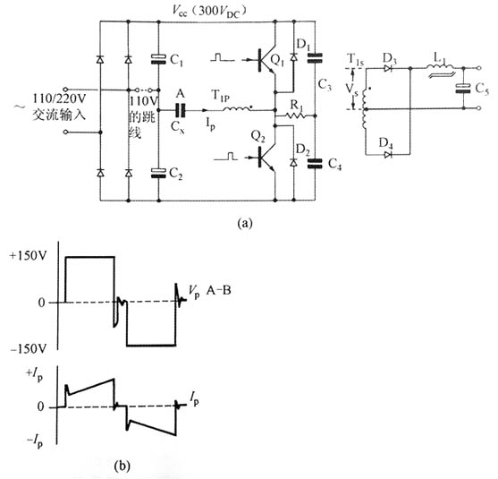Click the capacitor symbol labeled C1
[x=158, y=59]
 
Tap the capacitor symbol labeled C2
[x=158, y=173]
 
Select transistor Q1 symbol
[x=266, y=60]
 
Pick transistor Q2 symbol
[x=266, y=158]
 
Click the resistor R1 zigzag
[x=295, y=115]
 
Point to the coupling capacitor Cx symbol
[x=180, y=110]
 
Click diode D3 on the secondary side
[x=388, y=68]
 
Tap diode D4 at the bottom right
[x=388, y=155]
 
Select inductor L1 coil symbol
[x=440, y=67]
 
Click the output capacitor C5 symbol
[x=463, y=89]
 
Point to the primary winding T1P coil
[x=238, y=108]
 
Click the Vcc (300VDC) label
[x=209, y=11]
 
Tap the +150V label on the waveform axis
[x=29, y=256]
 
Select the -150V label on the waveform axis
[x=29, y=349]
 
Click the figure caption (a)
[x=245, y=223]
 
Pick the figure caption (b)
[x=122, y=466]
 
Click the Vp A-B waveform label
[x=210, y=291]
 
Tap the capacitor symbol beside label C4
[x=315, y=164]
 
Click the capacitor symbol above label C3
[x=315, y=58]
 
